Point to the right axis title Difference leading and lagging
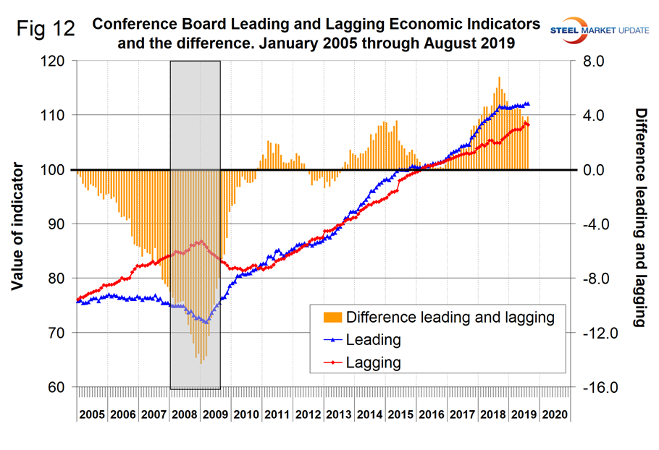(640, 218)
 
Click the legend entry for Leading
(374, 339)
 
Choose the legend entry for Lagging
(374, 362)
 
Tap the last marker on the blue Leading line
(528, 104)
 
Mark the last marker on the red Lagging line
(528, 124)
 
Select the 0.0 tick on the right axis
(599, 170)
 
